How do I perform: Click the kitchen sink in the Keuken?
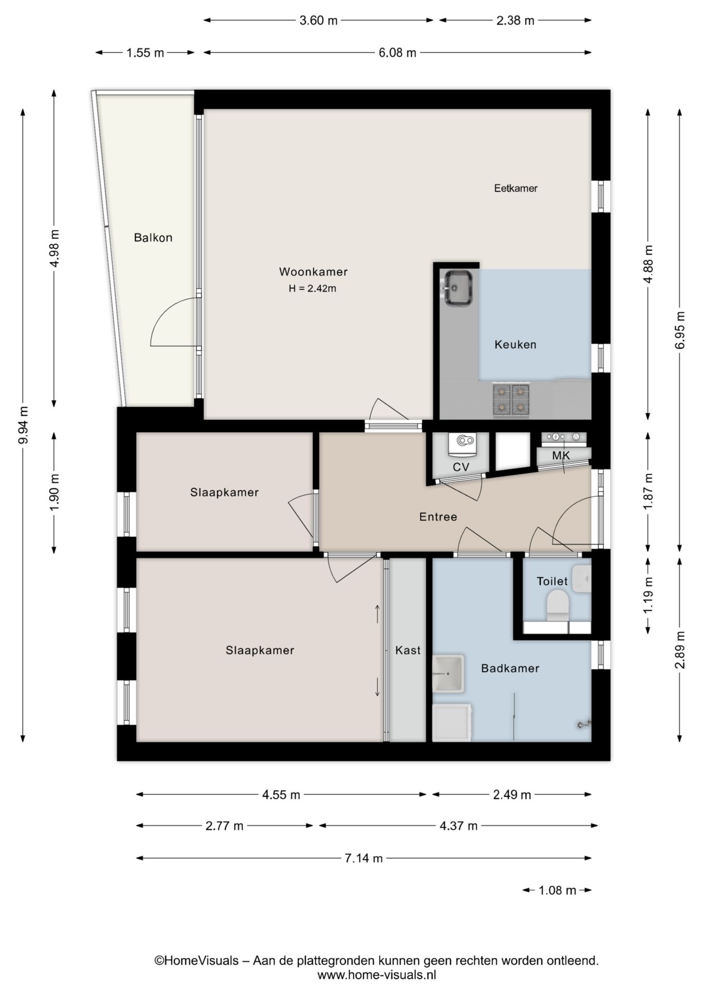pos(458,287)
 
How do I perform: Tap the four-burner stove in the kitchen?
pos(511,400)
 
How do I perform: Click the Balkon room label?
pos(153,238)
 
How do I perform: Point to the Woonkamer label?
pos(313,271)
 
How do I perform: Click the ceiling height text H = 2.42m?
pos(312,288)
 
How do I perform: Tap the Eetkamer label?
pos(515,188)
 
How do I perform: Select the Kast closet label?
pos(408,650)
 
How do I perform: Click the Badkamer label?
pos(510,668)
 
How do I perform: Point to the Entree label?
pos(438,517)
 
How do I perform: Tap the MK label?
pos(561,455)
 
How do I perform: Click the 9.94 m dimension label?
pos(23,425)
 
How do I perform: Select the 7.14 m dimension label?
pos(364,858)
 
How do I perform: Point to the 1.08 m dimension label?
pos(557,890)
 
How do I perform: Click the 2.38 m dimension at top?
pos(515,20)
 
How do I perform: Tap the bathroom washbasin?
pos(448,673)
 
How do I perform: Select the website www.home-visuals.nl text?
pos(377,974)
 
